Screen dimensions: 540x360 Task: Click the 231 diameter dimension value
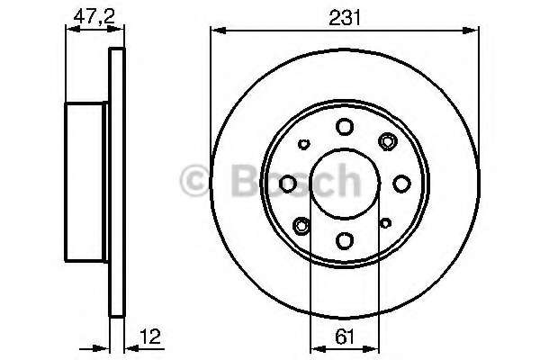pos(345,18)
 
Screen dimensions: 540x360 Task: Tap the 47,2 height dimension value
pos(94,16)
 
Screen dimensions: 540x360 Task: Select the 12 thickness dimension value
pos(150,337)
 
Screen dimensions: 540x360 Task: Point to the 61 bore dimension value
pos(345,337)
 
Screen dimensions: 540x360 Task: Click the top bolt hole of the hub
pos(345,127)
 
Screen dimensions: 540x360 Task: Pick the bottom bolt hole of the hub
pos(345,240)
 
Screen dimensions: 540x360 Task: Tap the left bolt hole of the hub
pos(288,184)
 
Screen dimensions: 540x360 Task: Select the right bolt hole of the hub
pos(401,184)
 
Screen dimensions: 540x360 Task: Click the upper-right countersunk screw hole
pos(387,141)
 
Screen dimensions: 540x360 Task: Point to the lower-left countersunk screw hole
pos(301,226)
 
